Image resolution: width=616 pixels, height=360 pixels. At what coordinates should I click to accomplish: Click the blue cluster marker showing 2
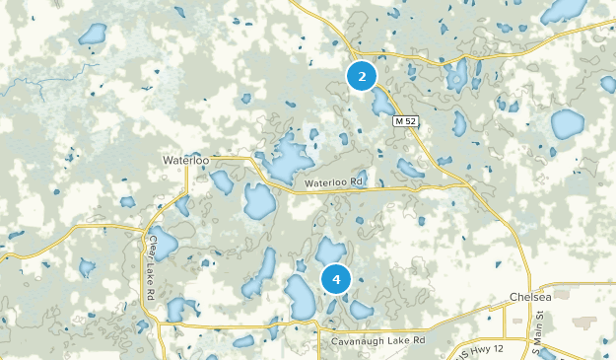(x=362, y=76)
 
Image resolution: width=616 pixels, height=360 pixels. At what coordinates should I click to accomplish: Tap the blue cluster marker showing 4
(x=336, y=280)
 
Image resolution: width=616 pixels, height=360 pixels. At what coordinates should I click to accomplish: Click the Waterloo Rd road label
(x=334, y=182)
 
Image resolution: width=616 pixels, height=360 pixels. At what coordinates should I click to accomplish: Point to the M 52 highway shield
(x=406, y=121)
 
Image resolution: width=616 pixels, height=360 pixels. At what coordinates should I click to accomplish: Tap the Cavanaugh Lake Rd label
(x=377, y=339)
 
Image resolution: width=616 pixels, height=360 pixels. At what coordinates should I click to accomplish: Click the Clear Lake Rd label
(x=152, y=267)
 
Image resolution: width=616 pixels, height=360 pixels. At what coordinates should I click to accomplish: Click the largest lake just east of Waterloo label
(x=287, y=158)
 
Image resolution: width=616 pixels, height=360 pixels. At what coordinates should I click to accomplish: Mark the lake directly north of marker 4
(x=331, y=250)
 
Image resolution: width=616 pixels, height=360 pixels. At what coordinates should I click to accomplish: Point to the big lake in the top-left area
(x=93, y=35)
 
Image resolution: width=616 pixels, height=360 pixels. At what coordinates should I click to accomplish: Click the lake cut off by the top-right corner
(x=566, y=10)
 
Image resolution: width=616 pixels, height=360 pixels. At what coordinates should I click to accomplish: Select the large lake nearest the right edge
(x=567, y=124)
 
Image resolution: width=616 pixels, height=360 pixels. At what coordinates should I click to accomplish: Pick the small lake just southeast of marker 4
(x=361, y=310)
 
